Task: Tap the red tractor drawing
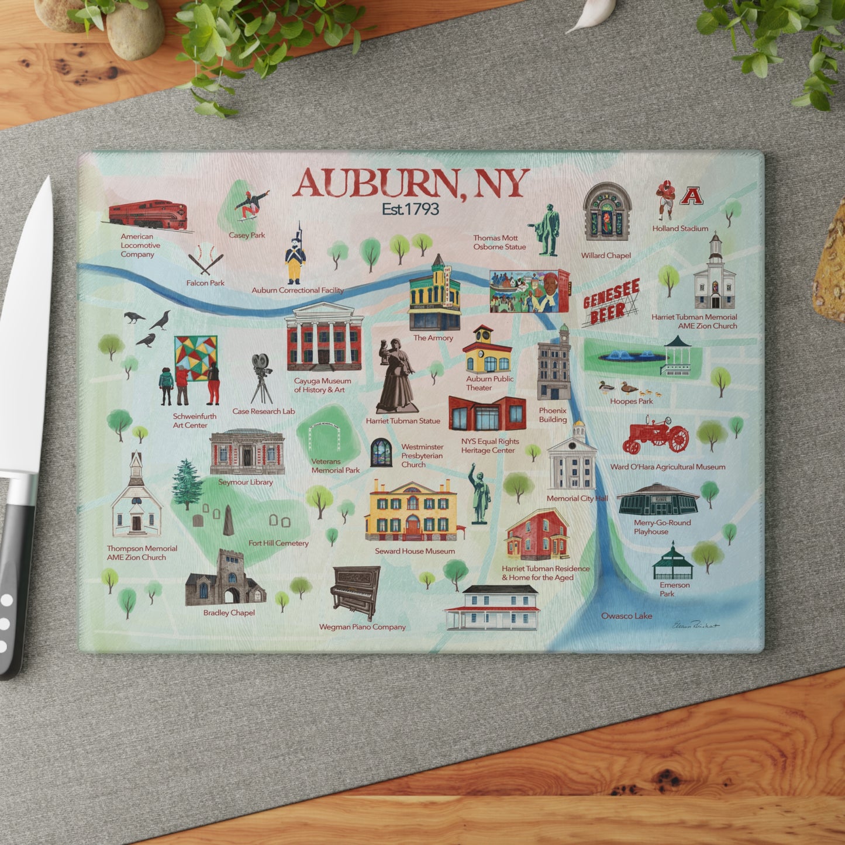pyautogui.click(x=656, y=435)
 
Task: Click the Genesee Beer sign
pyautogui.click(x=611, y=302)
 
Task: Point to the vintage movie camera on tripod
pyautogui.click(x=261, y=378)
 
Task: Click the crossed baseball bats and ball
pyautogui.click(x=205, y=260)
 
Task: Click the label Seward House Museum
pyautogui.click(x=415, y=551)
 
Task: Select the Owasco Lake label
pyautogui.click(x=626, y=616)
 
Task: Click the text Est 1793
pyautogui.click(x=410, y=209)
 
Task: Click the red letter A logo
pyautogui.click(x=691, y=196)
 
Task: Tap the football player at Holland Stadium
pyautogui.click(x=665, y=199)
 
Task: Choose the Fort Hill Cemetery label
pyautogui.click(x=278, y=543)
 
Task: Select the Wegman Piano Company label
pyautogui.click(x=362, y=627)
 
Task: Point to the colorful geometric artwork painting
pyautogui.click(x=195, y=358)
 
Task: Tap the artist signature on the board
pyautogui.click(x=695, y=625)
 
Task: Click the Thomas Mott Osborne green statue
pyautogui.click(x=547, y=230)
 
